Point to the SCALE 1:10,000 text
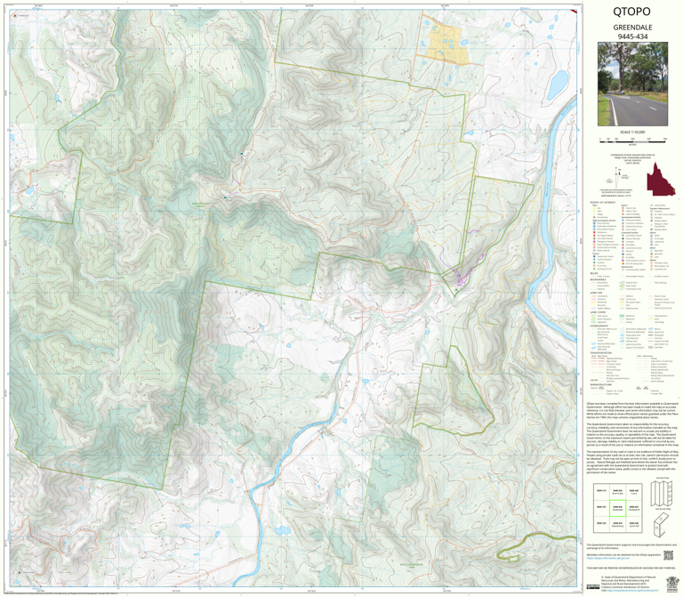click(x=631, y=133)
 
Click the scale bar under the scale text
click(x=631, y=141)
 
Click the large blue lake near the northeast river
click(x=558, y=85)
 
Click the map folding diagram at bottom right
click(x=659, y=512)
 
